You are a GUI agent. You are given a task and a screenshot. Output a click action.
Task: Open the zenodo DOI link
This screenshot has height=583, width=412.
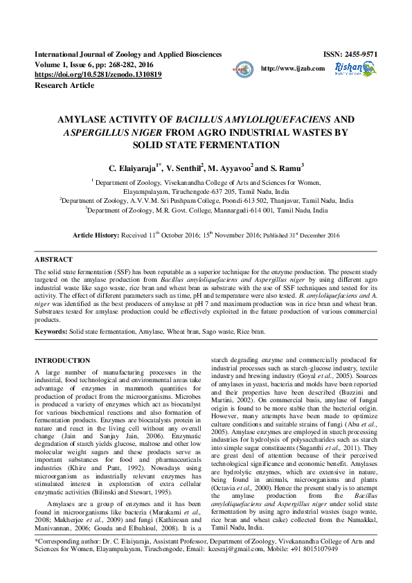[98, 74]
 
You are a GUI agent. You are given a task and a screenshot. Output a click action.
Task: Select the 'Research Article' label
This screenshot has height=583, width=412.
[64, 85]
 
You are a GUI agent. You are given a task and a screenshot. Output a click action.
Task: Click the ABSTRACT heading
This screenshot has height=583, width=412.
[53, 259]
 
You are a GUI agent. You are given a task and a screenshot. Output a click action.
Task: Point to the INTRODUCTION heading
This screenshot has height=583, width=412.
[62, 361]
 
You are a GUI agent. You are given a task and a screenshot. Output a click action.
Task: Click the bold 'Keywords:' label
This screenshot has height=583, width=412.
[51, 332]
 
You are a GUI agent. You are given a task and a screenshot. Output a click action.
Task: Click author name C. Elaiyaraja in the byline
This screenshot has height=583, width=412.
[134, 168]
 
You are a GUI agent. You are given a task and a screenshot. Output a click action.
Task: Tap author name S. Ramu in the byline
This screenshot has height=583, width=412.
[285, 168]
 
